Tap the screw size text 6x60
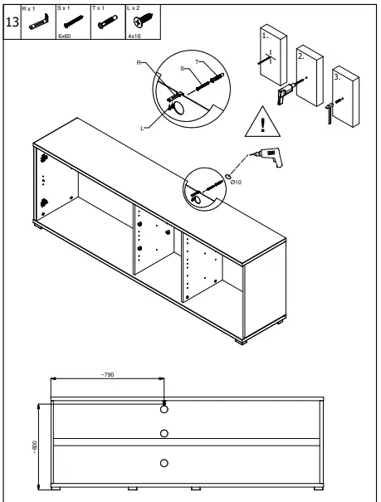coord(64,37)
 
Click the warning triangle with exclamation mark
coord(262,123)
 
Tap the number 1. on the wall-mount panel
coord(263,37)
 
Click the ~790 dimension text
coord(107,375)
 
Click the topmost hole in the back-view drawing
coord(164,409)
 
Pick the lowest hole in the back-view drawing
coord(164,462)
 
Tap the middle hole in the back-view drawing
coord(164,432)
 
